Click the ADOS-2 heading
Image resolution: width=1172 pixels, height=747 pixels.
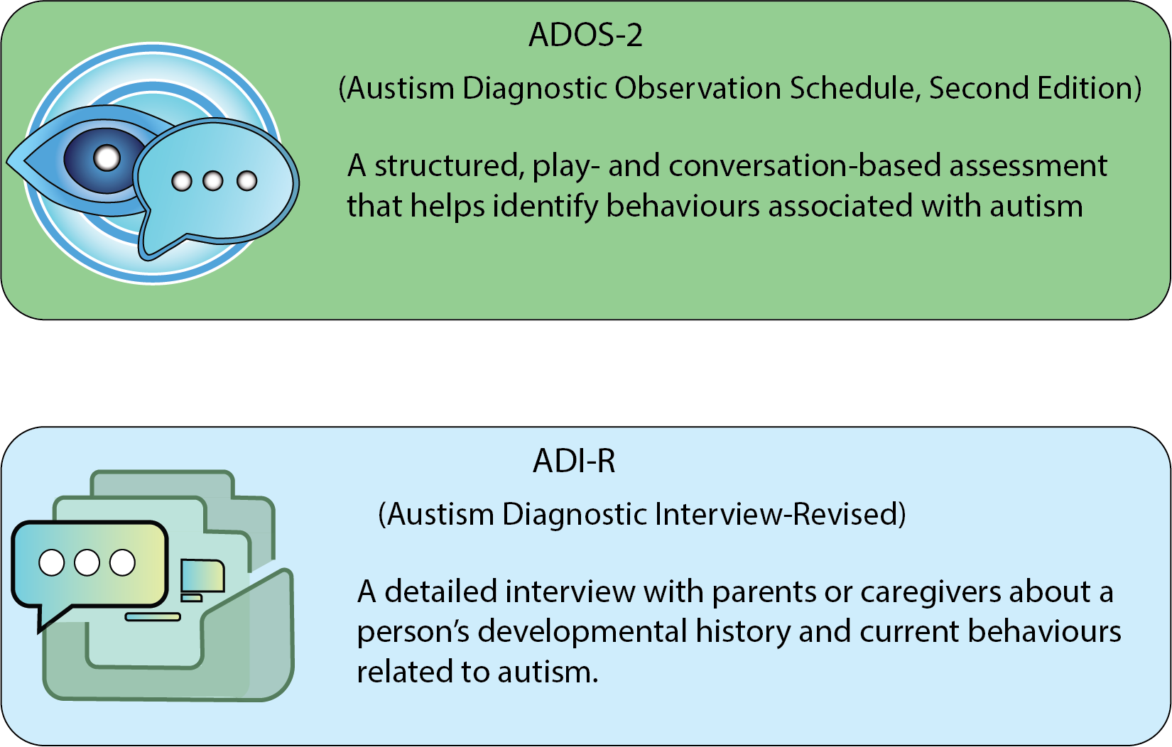point(585,35)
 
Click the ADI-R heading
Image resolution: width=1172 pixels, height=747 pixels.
point(574,462)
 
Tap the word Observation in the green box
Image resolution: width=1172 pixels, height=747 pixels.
point(698,88)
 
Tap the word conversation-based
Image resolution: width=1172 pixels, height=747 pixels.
point(804,165)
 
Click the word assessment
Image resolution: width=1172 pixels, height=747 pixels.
point(1028,166)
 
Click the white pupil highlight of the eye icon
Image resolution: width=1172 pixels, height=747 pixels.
point(107,158)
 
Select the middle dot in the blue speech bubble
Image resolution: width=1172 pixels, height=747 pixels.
point(213,181)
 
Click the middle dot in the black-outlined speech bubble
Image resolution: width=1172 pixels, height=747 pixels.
point(87,563)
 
